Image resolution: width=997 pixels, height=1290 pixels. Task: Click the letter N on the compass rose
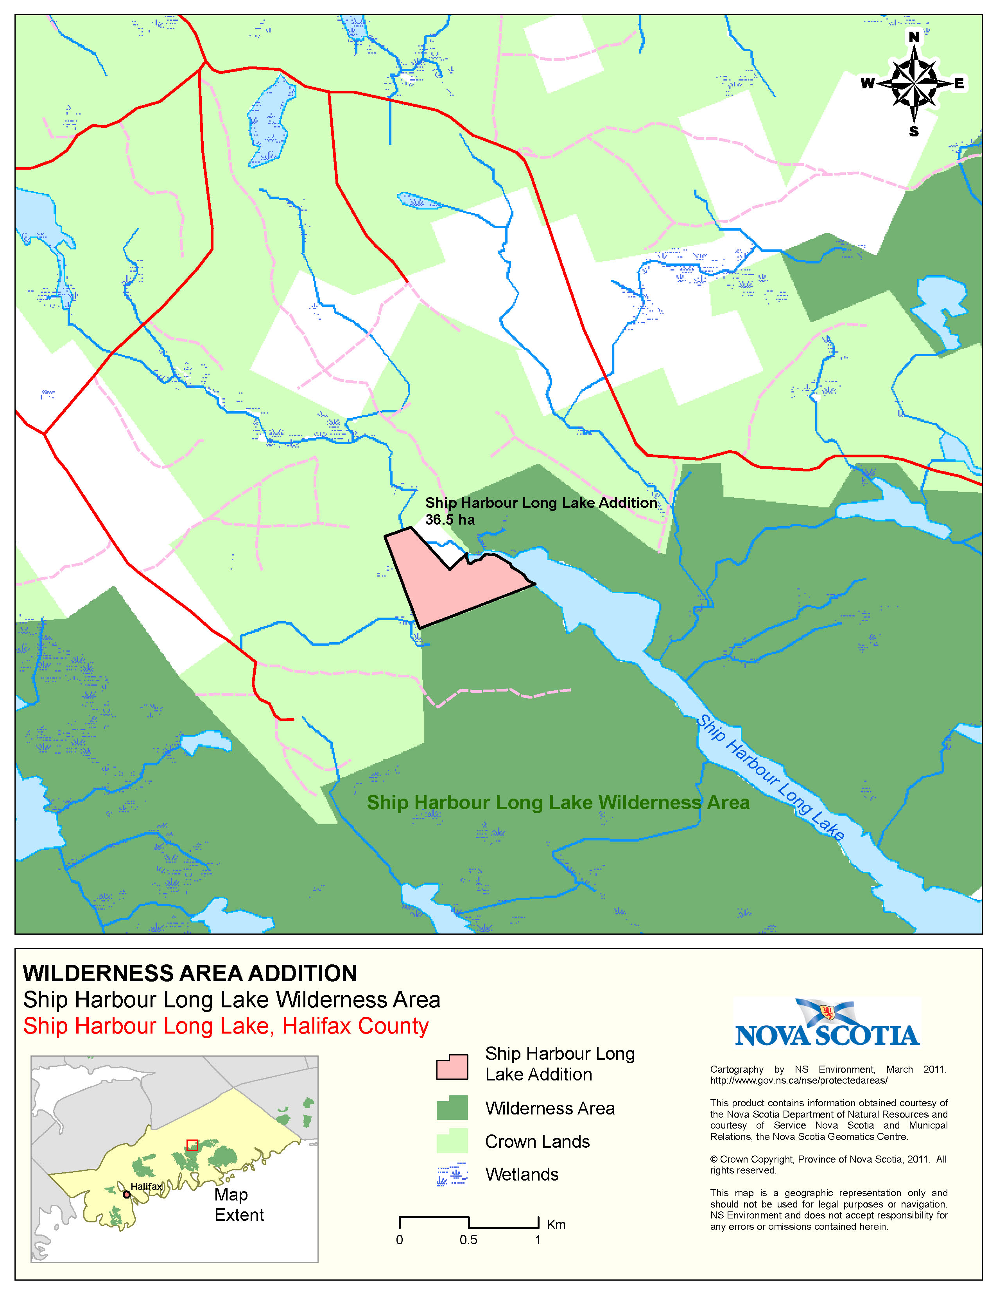(914, 37)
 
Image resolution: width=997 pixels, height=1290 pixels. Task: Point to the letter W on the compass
(867, 83)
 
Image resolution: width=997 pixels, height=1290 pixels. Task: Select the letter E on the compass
(959, 83)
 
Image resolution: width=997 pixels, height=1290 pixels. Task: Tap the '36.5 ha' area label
(450, 520)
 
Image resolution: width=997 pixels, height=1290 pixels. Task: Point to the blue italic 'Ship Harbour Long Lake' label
(770, 777)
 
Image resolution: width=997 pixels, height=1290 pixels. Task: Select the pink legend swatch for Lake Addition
(452, 1067)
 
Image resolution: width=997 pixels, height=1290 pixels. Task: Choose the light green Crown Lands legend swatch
(452, 1141)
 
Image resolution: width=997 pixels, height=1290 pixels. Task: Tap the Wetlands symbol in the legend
(452, 1174)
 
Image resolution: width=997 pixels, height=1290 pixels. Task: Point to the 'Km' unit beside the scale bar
(556, 1224)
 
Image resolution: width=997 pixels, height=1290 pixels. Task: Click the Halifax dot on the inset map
(126, 1194)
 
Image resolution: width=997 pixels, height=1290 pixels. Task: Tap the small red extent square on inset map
(192, 1145)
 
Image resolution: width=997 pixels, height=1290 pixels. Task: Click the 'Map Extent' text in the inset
(238, 1204)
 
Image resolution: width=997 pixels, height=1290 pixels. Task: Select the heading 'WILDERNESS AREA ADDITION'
(190, 973)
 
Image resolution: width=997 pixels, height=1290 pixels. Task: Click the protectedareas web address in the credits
(798, 1080)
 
